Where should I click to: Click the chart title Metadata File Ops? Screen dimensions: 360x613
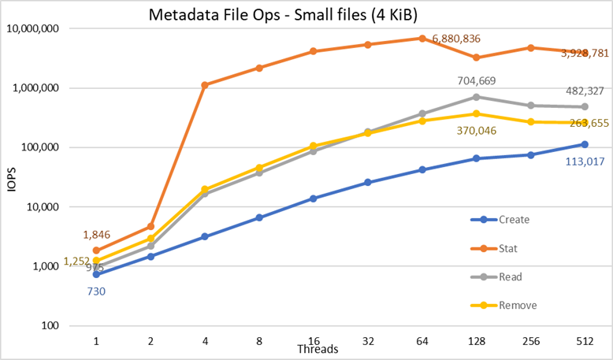click(284, 13)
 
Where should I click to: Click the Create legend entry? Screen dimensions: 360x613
click(514, 220)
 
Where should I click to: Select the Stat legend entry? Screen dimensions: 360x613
click(509, 248)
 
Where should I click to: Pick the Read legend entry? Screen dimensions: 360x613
click(510, 276)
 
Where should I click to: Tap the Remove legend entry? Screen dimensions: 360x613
click(517, 304)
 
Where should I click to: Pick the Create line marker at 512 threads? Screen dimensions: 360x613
click(585, 144)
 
